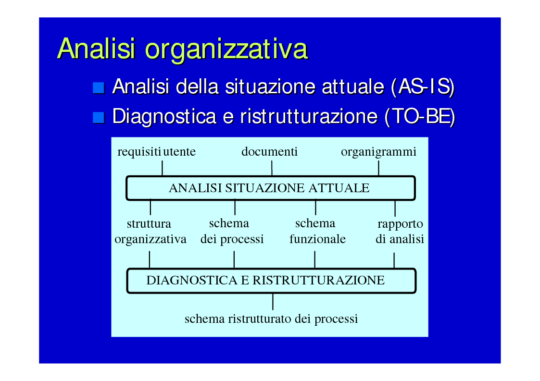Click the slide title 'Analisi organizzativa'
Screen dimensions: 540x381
coord(183,49)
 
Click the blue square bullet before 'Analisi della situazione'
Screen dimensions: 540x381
coord(99,88)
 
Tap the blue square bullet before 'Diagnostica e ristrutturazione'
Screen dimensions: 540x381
coord(99,118)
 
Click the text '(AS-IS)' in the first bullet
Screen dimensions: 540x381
coord(423,87)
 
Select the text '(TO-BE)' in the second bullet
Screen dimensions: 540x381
coord(420,117)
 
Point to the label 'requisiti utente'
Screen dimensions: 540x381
coord(157,152)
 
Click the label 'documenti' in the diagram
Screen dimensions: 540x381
coord(269,151)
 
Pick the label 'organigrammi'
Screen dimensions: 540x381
coord(378,152)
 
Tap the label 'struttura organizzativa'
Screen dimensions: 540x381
coord(151,231)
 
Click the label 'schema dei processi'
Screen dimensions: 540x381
coord(232,231)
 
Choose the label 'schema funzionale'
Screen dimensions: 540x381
coord(317,231)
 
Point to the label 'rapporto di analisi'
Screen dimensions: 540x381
coord(400,231)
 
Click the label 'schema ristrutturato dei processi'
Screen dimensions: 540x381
coord(271,319)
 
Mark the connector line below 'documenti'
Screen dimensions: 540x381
coord(272,168)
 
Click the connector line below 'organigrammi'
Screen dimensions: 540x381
coord(378,168)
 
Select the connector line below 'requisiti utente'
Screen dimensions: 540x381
coord(162,168)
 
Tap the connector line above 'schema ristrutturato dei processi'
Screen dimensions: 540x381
coord(273,302)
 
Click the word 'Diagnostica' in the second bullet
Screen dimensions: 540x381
coord(164,117)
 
